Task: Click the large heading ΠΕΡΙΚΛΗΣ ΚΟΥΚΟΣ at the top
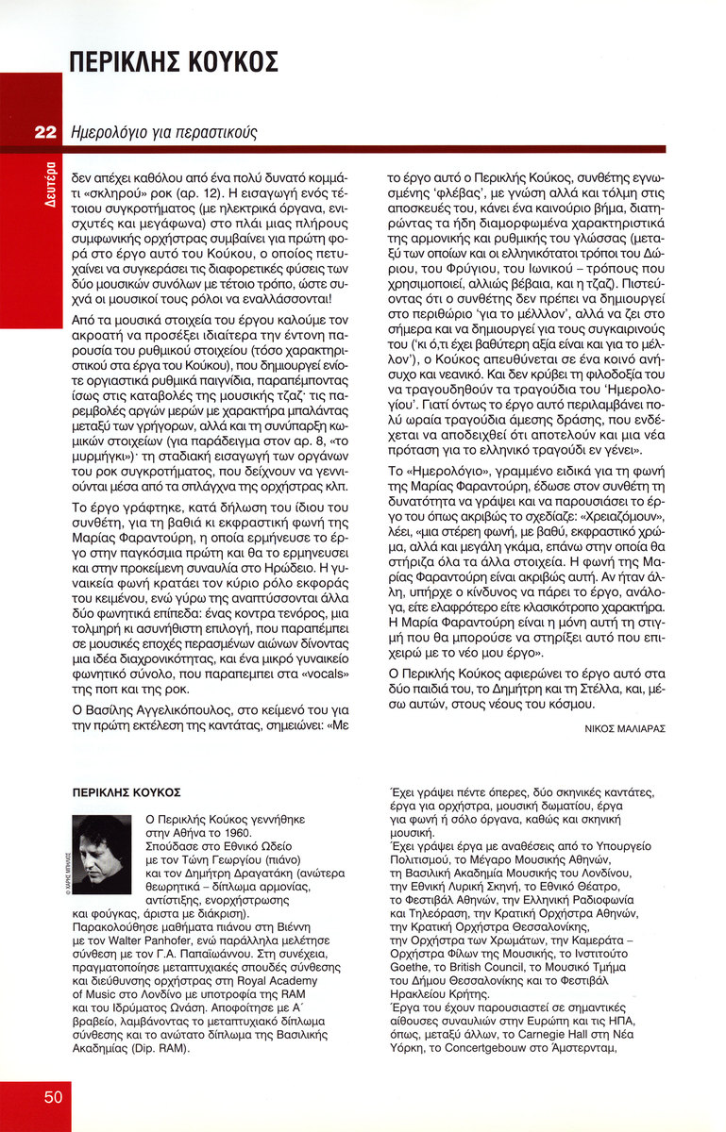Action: coord(174,62)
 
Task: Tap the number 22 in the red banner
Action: coord(46,133)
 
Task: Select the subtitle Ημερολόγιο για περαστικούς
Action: coord(163,133)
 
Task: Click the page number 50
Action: coord(53,1096)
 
